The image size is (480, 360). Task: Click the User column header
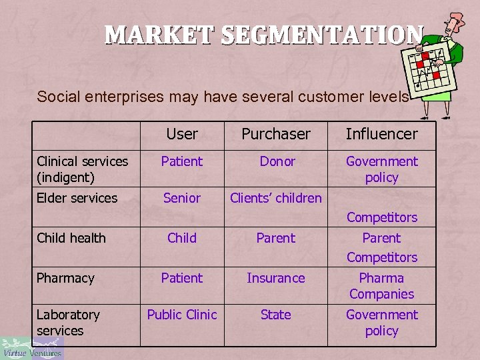coord(182,134)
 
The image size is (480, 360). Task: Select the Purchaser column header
coord(275,134)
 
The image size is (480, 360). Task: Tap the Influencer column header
coord(381,134)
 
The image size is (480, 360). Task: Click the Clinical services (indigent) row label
coord(83,169)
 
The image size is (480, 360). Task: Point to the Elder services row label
coord(77,198)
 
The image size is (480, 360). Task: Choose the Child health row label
coord(71,238)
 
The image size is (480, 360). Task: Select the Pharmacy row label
coord(65,278)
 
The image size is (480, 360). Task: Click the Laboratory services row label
coord(68,323)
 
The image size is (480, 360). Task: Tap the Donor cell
coord(277,161)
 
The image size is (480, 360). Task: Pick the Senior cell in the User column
coord(182,198)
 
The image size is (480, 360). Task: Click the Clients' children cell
coord(275,198)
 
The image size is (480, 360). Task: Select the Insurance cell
coord(275,278)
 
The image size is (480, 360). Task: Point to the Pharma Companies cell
coord(381,286)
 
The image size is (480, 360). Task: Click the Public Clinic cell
coord(182,315)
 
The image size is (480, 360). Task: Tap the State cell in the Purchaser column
coord(275,315)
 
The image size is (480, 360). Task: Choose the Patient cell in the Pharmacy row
coord(182,278)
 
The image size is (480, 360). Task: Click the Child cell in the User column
coord(182,238)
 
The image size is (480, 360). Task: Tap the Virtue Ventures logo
coord(31,347)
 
